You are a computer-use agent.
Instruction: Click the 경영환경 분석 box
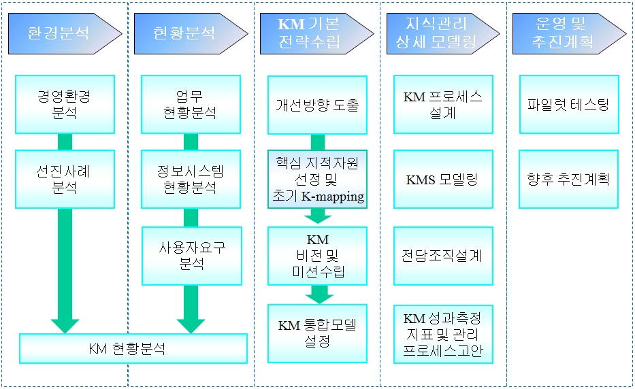pyautogui.click(x=65, y=104)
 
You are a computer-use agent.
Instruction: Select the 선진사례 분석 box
pyautogui.click(x=65, y=179)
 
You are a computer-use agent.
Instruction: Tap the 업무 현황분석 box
pyautogui.click(x=191, y=104)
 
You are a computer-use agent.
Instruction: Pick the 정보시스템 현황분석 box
pyautogui.click(x=191, y=179)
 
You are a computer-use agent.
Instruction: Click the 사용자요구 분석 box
pyautogui.click(x=191, y=256)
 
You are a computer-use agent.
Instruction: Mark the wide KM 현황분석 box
pyautogui.click(x=133, y=349)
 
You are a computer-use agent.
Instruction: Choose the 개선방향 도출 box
pyautogui.click(x=317, y=105)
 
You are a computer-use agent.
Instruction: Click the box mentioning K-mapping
pyautogui.click(x=317, y=180)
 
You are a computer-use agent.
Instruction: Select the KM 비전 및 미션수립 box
pyautogui.click(x=317, y=256)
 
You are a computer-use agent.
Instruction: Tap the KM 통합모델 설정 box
pyautogui.click(x=317, y=333)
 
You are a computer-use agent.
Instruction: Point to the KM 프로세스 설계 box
pyautogui.click(x=443, y=105)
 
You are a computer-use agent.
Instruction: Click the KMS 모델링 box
pyautogui.click(x=443, y=180)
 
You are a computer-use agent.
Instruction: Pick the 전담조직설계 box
pyautogui.click(x=443, y=256)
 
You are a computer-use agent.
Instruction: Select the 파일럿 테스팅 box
pyautogui.click(x=568, y=105)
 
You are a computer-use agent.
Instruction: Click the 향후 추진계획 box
pyautogui.click(x=568, y=180)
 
